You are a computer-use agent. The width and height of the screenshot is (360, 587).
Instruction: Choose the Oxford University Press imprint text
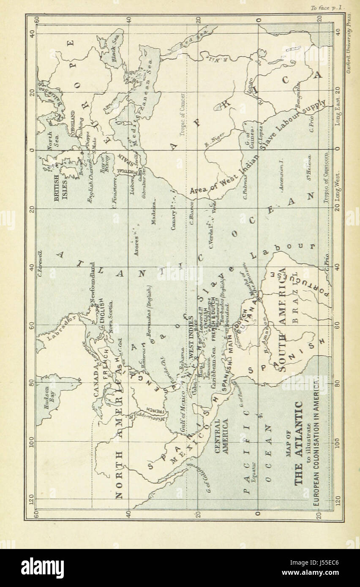tap(349, 42)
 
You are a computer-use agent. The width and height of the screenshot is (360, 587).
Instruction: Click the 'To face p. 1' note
tap(328, 8)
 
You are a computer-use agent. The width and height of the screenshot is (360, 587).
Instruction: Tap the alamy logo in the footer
tap(42, 568)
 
